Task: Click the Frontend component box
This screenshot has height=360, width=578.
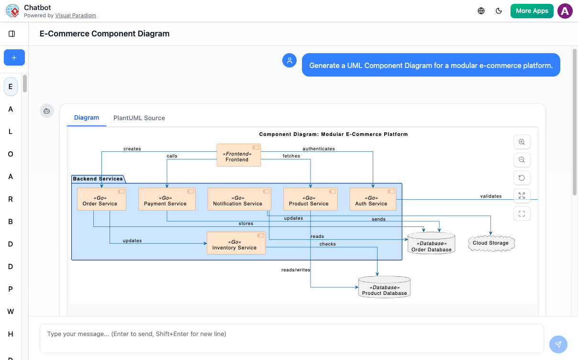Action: click(x=238, y=155)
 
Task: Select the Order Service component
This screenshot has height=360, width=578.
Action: click(x=101, y=199)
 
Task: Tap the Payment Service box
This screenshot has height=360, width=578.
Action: click(x=167, y=199)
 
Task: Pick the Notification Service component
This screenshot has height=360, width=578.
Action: click(x=239, y=199)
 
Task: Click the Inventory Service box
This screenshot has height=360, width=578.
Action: click(x=236, y=243)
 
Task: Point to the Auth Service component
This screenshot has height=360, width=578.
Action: click(x=373, y=199)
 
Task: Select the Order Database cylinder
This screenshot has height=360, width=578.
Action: click(x=431, y=244)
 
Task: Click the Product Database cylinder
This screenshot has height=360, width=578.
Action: click(x=384, y=287)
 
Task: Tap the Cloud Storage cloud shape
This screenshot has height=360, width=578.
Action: click(x=490, y=243)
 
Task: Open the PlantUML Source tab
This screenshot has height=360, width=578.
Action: click(x=139, y=118)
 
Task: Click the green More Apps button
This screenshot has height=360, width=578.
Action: click(x=532, y=11)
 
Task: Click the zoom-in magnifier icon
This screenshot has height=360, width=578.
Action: click(x=522, y=142)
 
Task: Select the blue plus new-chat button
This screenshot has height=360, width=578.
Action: click(x=14, y=57)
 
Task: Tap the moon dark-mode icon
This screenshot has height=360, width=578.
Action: click(x=499, y=11)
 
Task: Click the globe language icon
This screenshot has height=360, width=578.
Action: click(x=481, y=11)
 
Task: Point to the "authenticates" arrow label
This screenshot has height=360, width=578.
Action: click(x=319, y=149)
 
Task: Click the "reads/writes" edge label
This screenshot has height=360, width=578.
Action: click(x=296, y=270)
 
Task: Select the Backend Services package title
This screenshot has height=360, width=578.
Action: click(x=98, y=179)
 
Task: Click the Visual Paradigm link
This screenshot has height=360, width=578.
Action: click(x=76, y=15)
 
